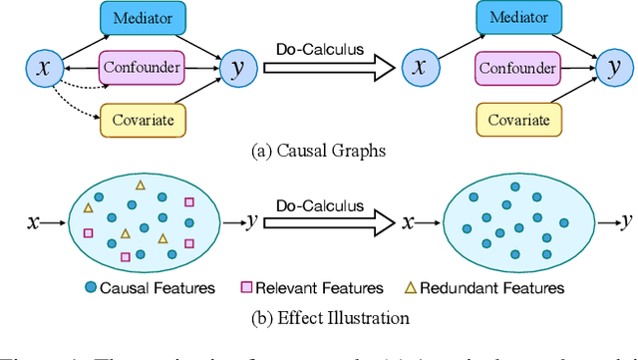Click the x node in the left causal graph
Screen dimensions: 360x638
click(x=42, y=69)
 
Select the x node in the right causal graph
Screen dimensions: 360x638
click(x=419, y=69)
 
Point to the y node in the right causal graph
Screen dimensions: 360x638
click(x=613, y=69)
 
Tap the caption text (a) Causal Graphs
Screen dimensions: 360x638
click(x=319, y=153)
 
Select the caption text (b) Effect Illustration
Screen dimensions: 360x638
click(x=319, y=318)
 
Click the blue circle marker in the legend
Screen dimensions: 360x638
click(x=91, y=288)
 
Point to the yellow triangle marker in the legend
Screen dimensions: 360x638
click(x=410, y=288)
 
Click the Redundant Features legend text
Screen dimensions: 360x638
click(x=493, y=288)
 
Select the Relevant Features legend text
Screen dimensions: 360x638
click(x=319, y=288)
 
